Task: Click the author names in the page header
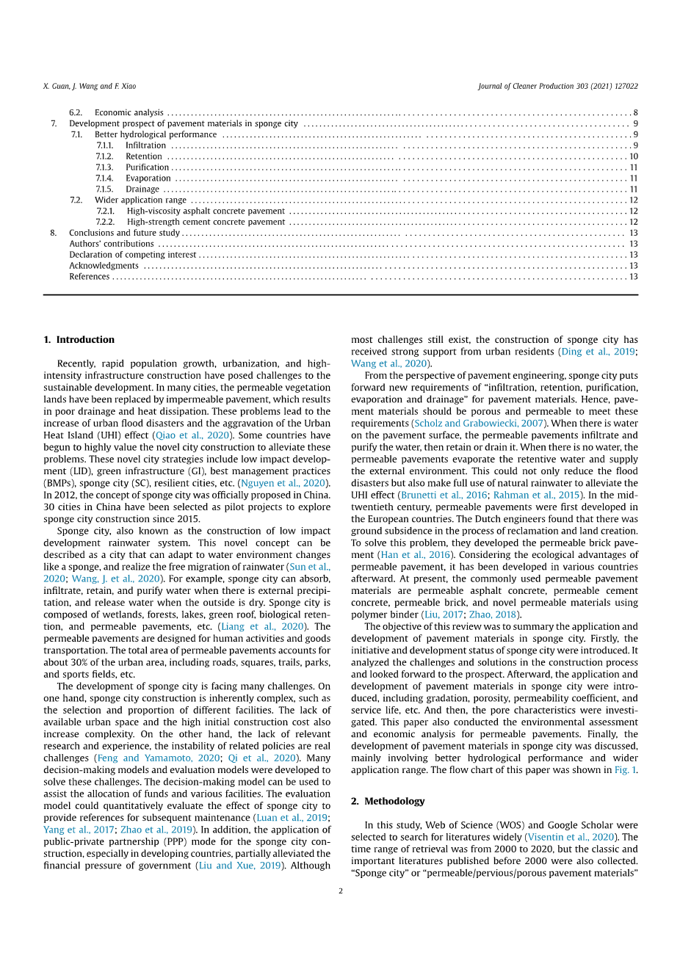click(x=90, y=87)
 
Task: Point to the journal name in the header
click(x=557, y=87)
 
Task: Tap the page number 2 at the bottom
click(x=341, y=891)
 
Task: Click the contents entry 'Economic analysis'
click(x=129, y=112)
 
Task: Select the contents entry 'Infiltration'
click(x=145, y=145)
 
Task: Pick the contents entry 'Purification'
click(x=147, y=167)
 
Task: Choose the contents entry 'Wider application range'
click(x=140, y=200)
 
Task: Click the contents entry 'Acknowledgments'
click(x=104, y=266)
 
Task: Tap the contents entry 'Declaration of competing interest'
click(x=132, y=255)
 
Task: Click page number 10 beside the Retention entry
click(x=633, y=156)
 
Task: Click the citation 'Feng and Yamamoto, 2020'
click(x=158, y=758)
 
